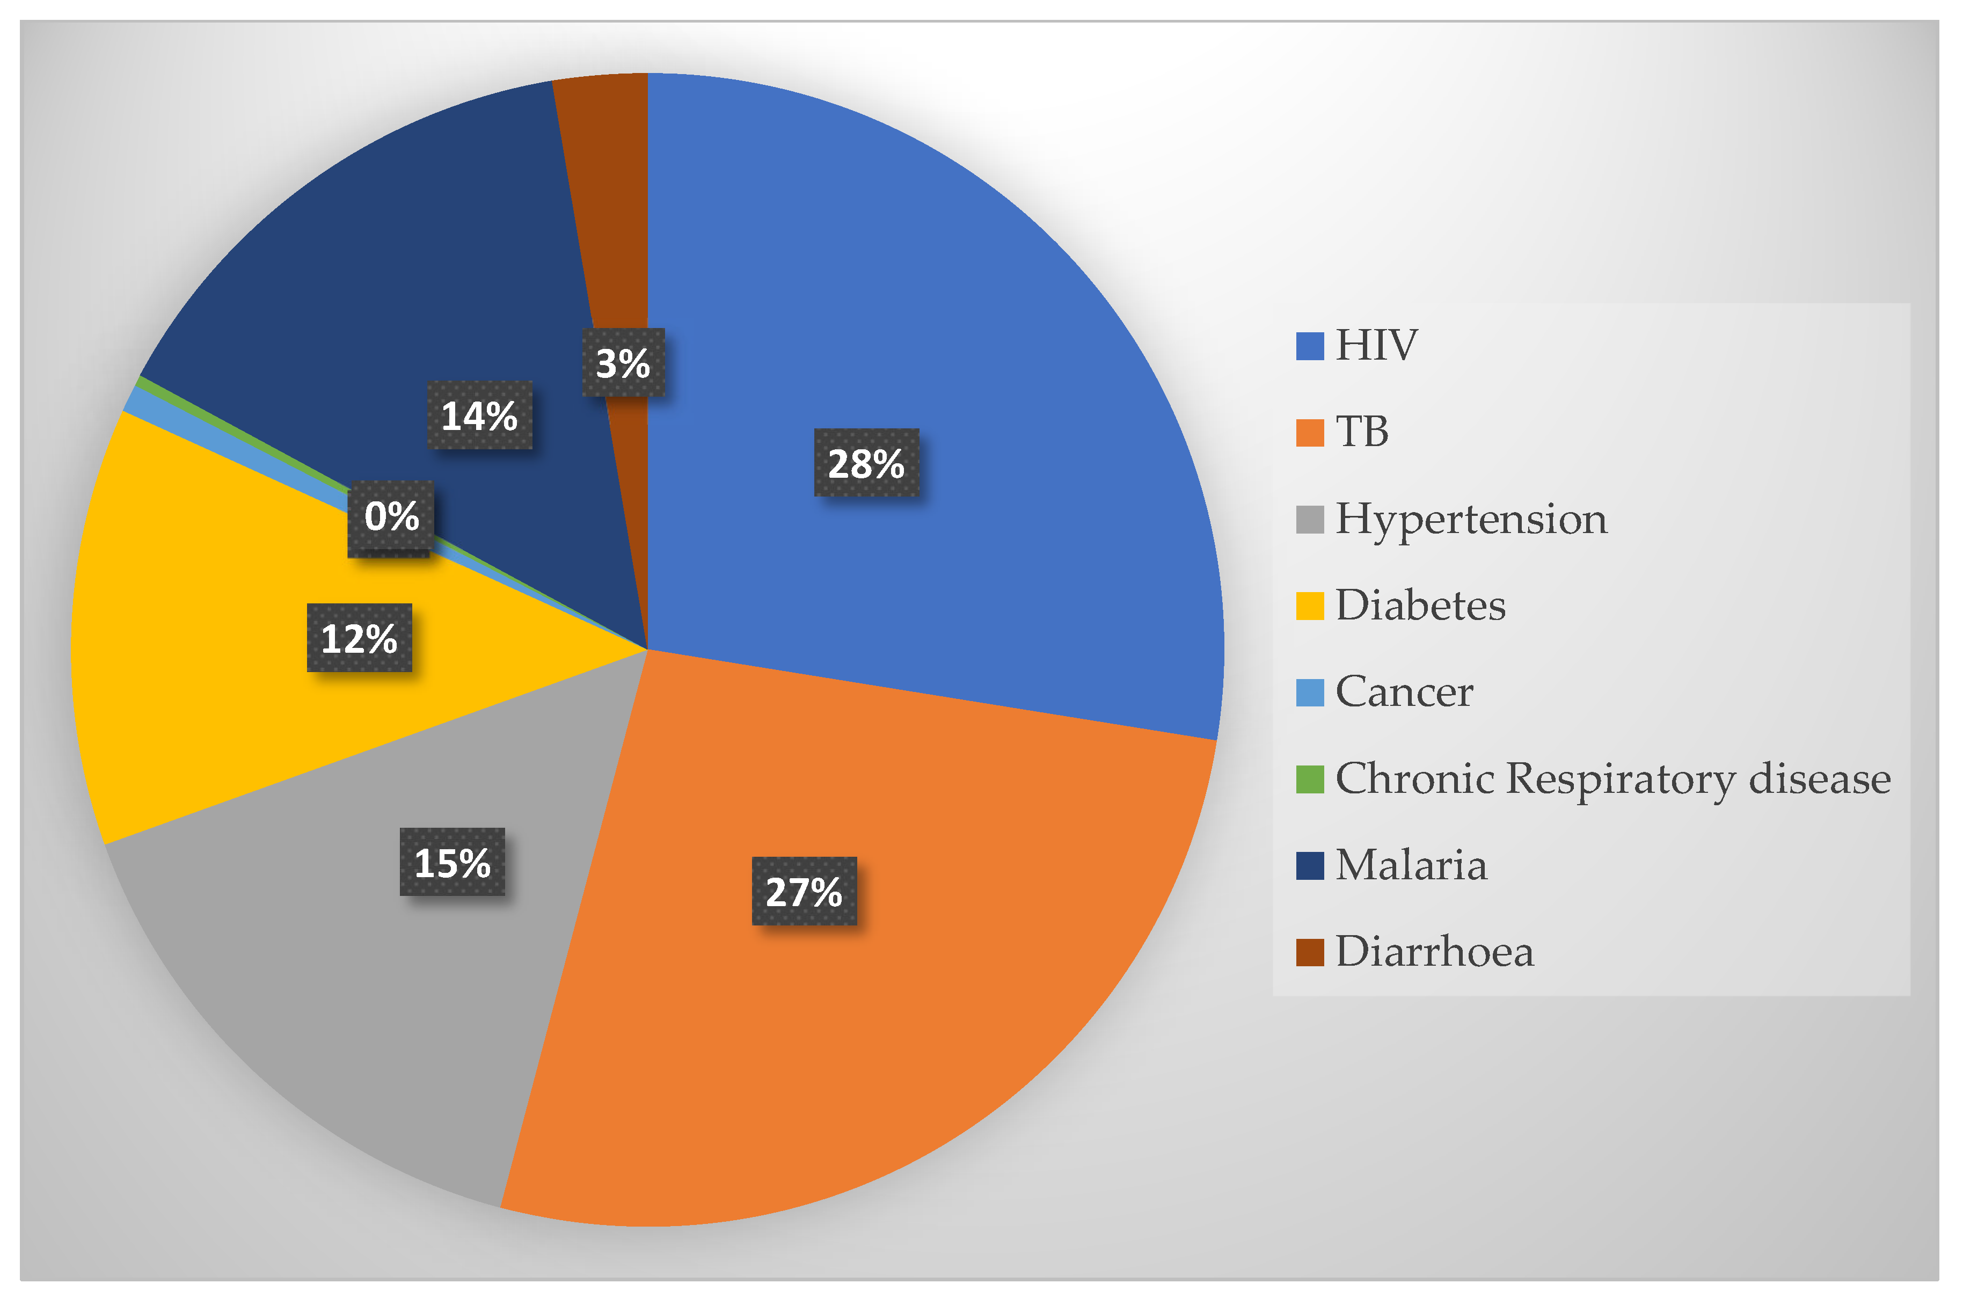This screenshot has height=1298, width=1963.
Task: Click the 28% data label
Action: click(866, 463)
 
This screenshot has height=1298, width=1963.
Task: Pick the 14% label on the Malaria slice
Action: click(479, 415)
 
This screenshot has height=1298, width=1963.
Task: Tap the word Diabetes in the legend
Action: click(1420, 605)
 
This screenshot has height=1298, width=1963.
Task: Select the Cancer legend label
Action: click(1404, 692)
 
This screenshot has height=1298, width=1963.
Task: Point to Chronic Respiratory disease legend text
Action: click(1612, 779)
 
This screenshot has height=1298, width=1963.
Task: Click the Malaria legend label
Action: click(1411, 865)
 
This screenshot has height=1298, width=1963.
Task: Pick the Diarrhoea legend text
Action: click(1434, 952)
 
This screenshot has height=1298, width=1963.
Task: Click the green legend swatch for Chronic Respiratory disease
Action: click(1309, 779)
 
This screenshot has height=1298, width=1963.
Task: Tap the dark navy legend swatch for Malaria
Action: click(1309, 865)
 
